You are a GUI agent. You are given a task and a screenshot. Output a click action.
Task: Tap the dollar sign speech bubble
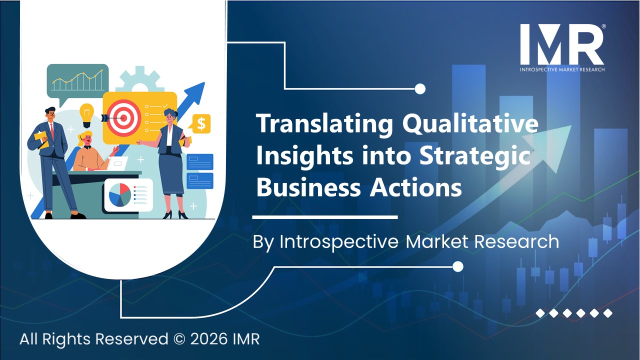tap(201, 124)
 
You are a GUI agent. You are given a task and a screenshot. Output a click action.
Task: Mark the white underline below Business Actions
tap(325, 217)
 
